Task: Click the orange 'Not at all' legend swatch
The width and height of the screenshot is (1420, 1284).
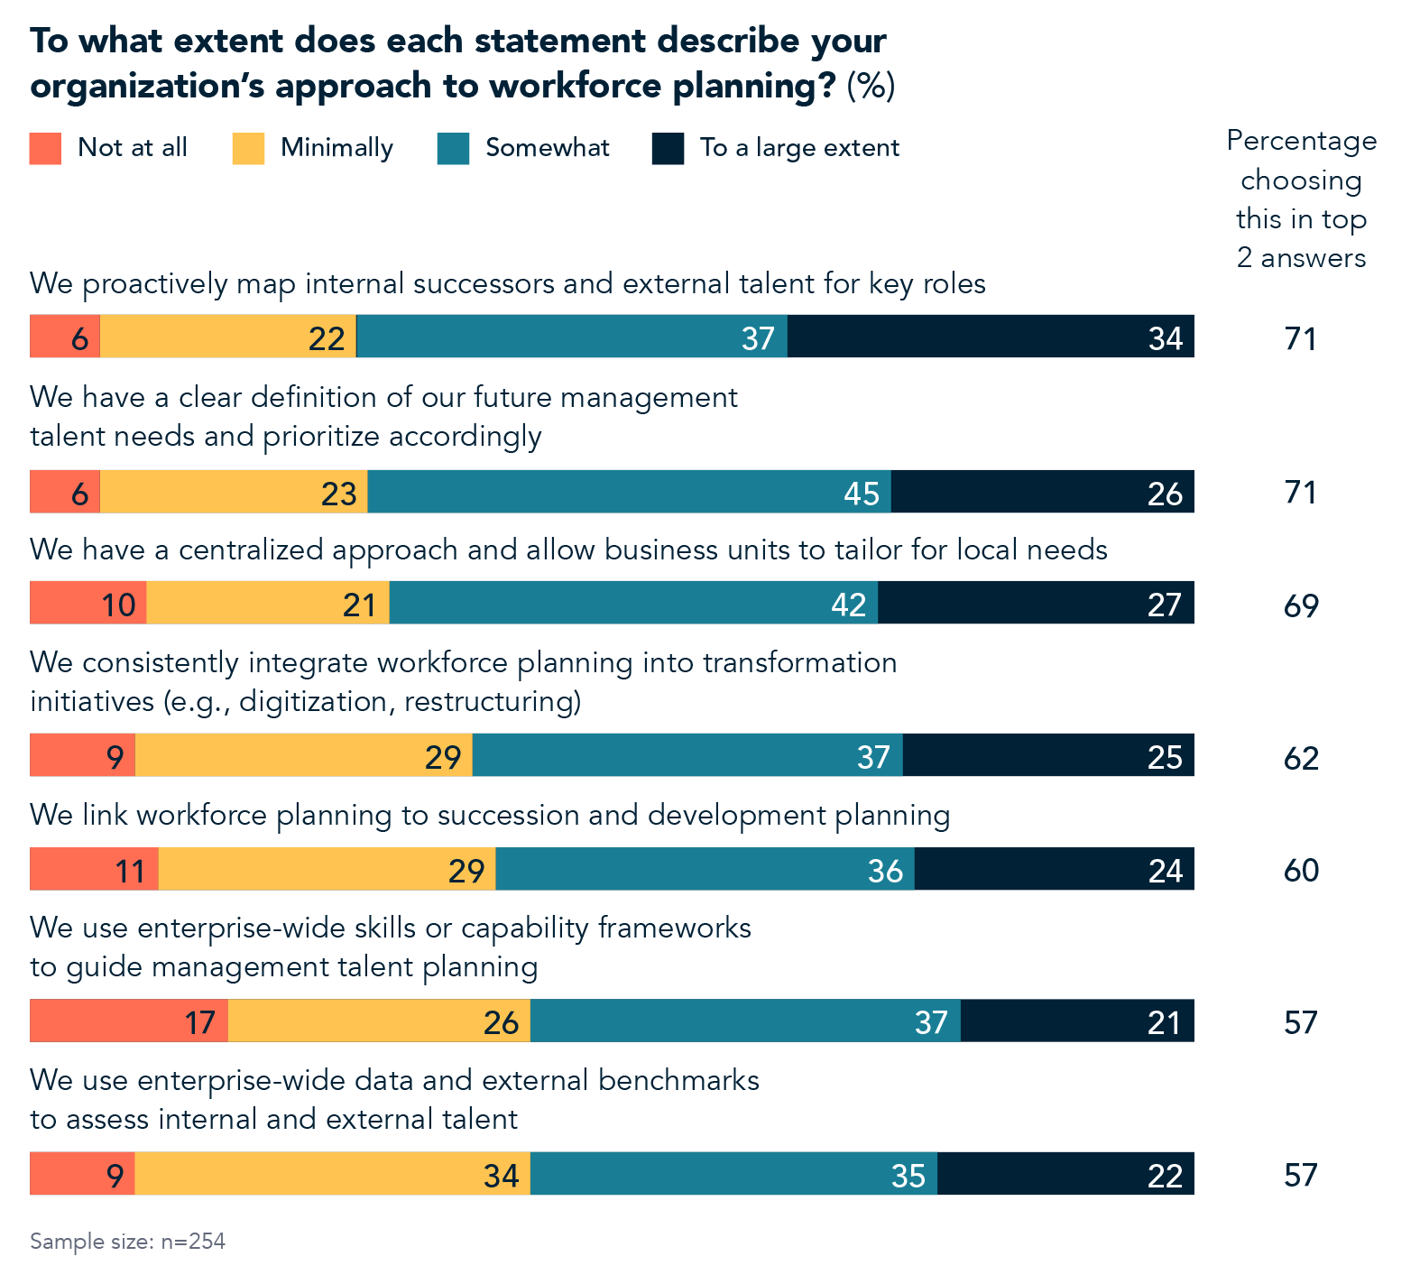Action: click(x=45, y=148)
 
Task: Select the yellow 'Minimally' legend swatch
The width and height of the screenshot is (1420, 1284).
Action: click(x=248, y=148)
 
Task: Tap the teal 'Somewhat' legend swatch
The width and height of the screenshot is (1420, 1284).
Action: click(x=453, y=148)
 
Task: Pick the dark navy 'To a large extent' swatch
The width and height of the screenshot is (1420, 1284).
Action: click(x=668, y=148)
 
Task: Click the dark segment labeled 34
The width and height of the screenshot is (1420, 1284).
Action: click(x=990, y=337)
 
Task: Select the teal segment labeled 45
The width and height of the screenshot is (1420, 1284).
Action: click(x=629, y=492)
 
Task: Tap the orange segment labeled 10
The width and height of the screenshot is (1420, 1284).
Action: click(x=88, y=603)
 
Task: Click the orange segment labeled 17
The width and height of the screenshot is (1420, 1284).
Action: click(x=128, y=1021)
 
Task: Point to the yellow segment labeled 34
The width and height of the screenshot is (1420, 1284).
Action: click(x=332, y=1173)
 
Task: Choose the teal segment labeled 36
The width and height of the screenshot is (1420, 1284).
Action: click(x=705, y=869)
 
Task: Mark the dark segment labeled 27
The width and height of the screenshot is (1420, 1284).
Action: click(x=1036, y=603)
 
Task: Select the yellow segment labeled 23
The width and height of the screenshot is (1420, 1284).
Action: click(x=233, y=492)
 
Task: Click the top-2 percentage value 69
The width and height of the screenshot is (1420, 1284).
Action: click(x=1301, y=605)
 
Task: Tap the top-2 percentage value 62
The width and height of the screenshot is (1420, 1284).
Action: click(x=1301, y=758)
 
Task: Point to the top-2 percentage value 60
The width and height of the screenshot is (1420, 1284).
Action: click(x=1301, y=870)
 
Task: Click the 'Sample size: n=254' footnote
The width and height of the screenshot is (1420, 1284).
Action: click(x=127, y=1242)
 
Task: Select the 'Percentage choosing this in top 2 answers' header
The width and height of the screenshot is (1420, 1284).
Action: click(x=1301, y=199)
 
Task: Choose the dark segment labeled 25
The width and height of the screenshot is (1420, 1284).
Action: click(x=1048, y=755)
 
